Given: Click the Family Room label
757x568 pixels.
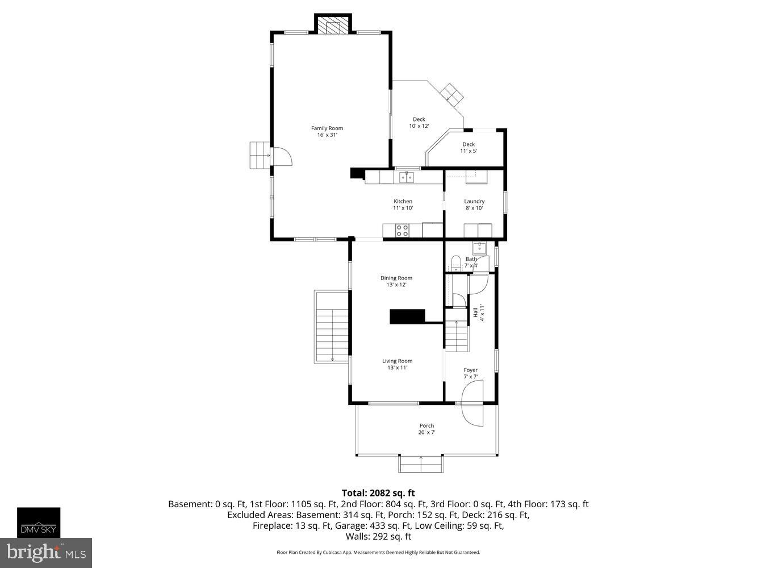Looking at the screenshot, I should pos(327,131).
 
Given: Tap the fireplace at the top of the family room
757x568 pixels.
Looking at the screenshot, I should pos(333,26).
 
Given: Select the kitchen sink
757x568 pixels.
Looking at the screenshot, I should pos(406,177).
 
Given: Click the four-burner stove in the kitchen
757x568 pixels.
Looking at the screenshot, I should pos(402,230).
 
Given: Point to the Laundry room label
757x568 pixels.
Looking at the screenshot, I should pos(474,204).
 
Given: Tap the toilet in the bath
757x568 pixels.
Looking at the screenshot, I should pos(455,263).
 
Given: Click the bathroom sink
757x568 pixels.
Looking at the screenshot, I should pos(480,247).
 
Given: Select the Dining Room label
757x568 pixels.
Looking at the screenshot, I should pos(396,281).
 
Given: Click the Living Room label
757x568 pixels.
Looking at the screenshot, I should pos(397,364).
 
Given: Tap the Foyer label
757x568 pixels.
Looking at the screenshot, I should pos(470,373).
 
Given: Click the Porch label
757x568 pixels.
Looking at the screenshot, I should pos(426,429).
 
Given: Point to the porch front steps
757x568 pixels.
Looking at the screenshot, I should pos(420,463).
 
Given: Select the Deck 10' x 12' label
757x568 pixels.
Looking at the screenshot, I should pos(419,123).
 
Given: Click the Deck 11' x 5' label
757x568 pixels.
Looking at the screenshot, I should pos(468,148).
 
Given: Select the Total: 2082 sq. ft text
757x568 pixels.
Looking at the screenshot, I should pos(378,493).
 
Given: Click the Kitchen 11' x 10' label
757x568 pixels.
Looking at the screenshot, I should pos(403,204).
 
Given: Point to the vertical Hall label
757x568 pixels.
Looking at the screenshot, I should pos(478,314).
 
